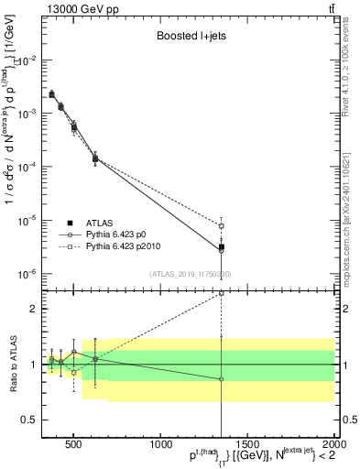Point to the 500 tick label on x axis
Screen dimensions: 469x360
pyautogui.click(x=73, y=446)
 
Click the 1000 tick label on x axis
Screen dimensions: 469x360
pyautogui.click(x=160, y=446)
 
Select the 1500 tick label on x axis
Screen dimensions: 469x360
pyautogui.click(x=247, y=446)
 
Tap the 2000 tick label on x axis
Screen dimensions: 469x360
pyautogui.click(x=333, y=446)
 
